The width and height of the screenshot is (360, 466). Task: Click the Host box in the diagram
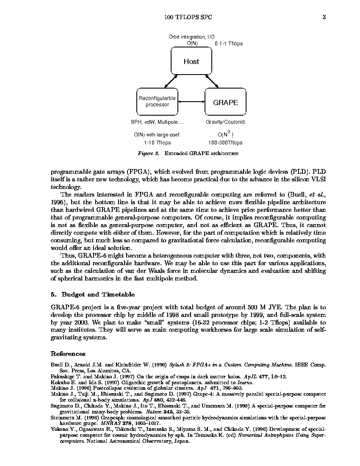[x=191, y=61]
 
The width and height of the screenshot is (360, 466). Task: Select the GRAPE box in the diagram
[x=225, y=102]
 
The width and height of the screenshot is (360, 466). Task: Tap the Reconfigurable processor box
[x=157, y=102]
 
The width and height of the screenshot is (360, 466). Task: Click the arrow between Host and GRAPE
[x=212, y=80]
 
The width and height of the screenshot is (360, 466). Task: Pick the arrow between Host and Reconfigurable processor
[x=171, y=80]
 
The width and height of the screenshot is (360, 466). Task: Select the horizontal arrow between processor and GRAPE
[x=191, y=102]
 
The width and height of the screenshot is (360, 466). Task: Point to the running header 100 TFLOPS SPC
[x=188, y=17]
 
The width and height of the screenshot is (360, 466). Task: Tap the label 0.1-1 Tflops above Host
[x=229, y=44]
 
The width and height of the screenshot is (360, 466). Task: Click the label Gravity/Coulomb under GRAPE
[x=225, y=122]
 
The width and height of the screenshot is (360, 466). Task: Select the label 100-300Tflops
[x=225, y=143]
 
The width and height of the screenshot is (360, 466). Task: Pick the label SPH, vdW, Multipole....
[x=157, y=122]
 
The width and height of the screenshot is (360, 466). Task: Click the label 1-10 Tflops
[x=157, y=143]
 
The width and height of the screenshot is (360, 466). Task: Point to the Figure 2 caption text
[x=188, y=153]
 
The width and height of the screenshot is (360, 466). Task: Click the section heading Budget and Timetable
[x=98, y=294]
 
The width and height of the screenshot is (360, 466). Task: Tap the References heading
[x=68, y=354]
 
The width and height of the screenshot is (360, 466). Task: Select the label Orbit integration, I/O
[x=191, y=37]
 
